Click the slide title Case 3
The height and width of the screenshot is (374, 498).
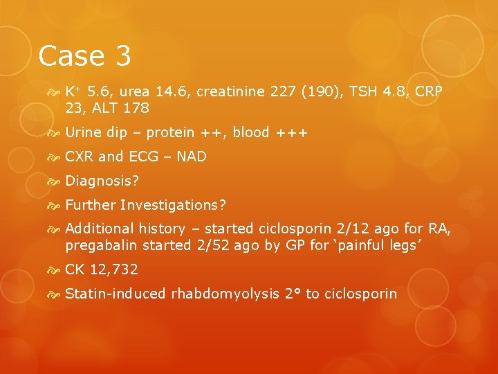[84, 56]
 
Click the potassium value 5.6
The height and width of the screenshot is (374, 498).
[98, 92]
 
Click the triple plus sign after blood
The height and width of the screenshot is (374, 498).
[290, 133]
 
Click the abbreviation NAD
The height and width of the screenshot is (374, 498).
[192, 157]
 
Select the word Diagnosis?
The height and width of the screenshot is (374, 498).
[102, 181]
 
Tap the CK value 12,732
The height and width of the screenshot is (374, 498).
[114, 269]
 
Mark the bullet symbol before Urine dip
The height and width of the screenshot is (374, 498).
[56, 133]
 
